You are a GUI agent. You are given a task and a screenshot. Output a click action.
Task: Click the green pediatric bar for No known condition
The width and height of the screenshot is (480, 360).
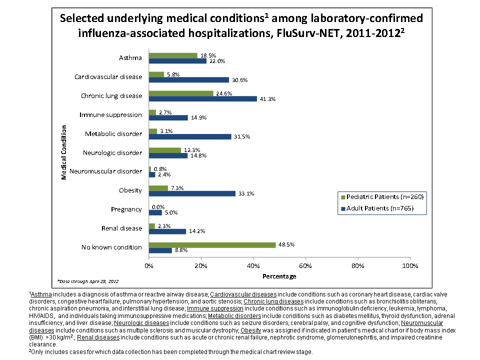pyautogui.click(x=212, y=244)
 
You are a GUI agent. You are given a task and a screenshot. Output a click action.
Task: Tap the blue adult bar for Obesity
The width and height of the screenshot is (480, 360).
pyautogui.click(x=192, y=193)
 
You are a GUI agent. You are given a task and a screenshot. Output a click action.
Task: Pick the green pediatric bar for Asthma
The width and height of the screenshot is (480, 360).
pyautogui.click(x=173, y=55)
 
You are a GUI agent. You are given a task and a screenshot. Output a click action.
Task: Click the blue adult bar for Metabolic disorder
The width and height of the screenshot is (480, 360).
pyautogui.click(x=190, y=136)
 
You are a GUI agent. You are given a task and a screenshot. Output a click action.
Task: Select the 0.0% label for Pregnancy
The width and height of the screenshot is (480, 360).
pyautogui.click(x=158, y=206)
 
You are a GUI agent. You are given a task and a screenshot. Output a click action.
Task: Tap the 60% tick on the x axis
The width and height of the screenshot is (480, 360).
pyautogui.click(x=305, y=265)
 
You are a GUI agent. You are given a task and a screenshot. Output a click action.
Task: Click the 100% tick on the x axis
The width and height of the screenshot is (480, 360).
pyautogui.click(x=409, y=265)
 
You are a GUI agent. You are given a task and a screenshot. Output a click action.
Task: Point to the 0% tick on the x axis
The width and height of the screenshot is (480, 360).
pyautogui.click(x=149, y=265)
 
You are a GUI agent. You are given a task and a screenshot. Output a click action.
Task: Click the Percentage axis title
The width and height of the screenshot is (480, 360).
pyautogui.click(x=279, y=276)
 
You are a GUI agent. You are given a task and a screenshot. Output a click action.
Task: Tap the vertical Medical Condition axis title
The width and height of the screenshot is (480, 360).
pyautogui.click(x=64, y=152)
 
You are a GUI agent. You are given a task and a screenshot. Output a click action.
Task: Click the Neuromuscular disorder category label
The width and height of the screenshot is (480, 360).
pyautogui.click(x=105, y=171)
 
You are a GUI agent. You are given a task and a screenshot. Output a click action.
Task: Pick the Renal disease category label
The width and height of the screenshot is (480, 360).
pyautogui.click(x=121, y=228)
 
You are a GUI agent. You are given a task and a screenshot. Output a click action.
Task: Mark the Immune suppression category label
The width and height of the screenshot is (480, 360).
pyautogui.click(x=110, y=115)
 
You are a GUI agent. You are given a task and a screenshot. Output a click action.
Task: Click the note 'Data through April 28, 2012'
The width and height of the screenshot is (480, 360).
pyautogui.click(x=88, y=281)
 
